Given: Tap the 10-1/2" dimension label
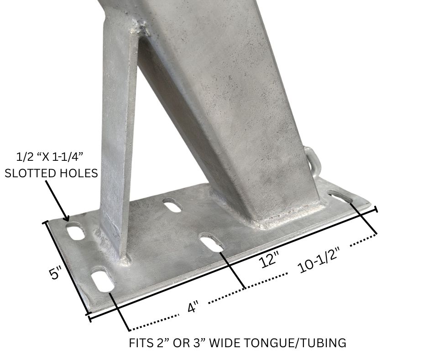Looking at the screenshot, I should (318, 264).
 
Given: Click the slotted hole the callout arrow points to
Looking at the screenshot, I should (76, 231).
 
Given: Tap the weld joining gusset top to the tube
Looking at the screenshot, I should (141, 30).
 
